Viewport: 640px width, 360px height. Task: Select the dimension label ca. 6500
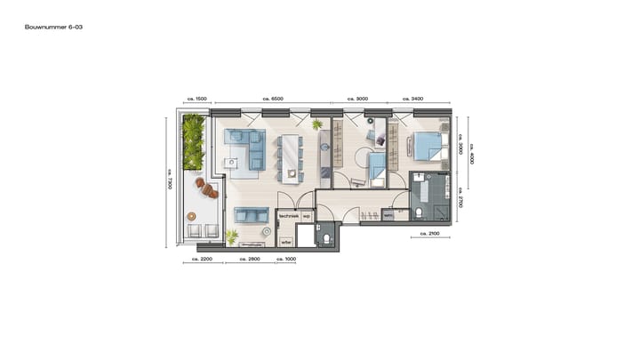273,99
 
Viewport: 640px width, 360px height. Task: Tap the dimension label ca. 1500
196,99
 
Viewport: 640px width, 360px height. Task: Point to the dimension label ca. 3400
412,99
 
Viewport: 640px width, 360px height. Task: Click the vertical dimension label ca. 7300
169,180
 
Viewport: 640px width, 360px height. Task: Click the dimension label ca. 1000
285,260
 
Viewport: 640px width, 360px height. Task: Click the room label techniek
289,216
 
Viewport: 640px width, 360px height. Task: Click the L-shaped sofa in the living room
245,148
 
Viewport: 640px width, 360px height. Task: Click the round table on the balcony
190,216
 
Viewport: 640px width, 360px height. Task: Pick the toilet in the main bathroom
417,212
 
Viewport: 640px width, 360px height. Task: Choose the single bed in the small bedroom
378,166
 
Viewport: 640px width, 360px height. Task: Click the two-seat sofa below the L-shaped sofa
251,215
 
